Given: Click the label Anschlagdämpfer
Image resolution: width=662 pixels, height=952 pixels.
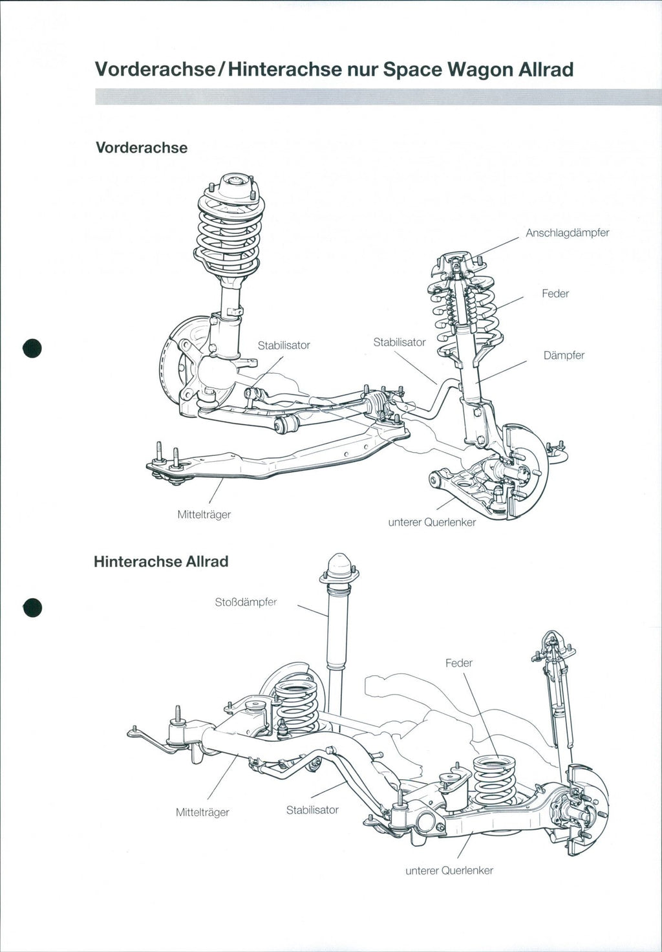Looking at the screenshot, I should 567,233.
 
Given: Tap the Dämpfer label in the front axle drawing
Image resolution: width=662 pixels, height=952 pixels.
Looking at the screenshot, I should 564,355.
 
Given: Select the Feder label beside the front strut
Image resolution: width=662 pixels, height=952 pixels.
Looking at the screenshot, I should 555,294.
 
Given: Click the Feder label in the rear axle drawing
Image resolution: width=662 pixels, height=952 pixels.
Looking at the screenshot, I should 458,663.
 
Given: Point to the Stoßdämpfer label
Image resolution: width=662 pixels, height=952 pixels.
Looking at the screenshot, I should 246,602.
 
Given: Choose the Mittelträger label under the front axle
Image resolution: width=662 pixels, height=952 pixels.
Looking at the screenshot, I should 204,515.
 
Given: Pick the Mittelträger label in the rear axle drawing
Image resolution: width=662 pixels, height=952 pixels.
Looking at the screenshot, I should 202,812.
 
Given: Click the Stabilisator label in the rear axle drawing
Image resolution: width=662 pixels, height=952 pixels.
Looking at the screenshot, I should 312,810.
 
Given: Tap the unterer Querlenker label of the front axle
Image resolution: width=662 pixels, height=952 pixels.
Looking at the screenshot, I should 431,522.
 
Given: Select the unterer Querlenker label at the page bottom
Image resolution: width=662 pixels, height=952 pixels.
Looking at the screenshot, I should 449,871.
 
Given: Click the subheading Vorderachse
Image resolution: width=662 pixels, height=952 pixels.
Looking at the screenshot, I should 142,148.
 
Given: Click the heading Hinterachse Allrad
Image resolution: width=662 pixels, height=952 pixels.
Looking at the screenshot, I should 161,561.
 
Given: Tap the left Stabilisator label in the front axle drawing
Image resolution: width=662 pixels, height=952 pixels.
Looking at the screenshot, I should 284,345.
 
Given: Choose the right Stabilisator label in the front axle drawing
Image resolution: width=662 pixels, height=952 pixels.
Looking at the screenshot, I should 400,342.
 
